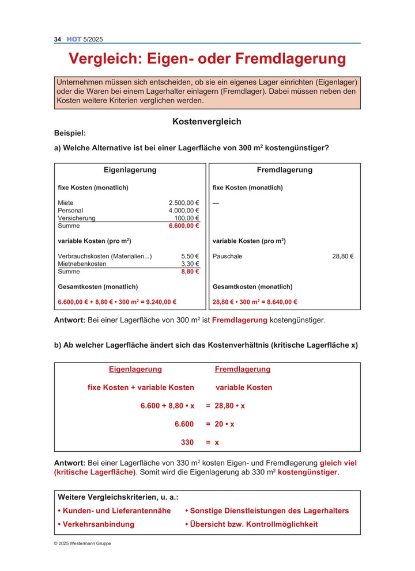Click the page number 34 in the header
(x=58, y=39)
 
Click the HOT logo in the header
(x=74, y=39)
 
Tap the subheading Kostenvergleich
(x=207, y=122)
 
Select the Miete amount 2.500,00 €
(x=184, y=203)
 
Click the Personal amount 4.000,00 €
(x=184, y=211)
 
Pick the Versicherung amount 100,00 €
(x=187, y=218)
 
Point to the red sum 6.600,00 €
(x=184, y=226)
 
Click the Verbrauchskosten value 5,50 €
(x=190, y=256)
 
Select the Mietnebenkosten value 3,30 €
(x=190, y=264)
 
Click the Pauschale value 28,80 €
(x=343, y=256)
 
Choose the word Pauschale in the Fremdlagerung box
(x=227, y=256)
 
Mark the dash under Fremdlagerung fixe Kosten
(x=216, y=203)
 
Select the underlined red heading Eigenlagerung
(x=135, y=370)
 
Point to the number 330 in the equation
(x=187, y=443)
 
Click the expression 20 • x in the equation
(x=225, y=424)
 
